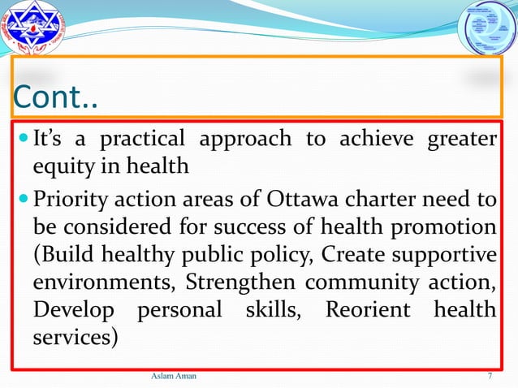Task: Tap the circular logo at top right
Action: point(488,29)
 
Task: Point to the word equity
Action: point(63,167)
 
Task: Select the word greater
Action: point(461,140)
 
